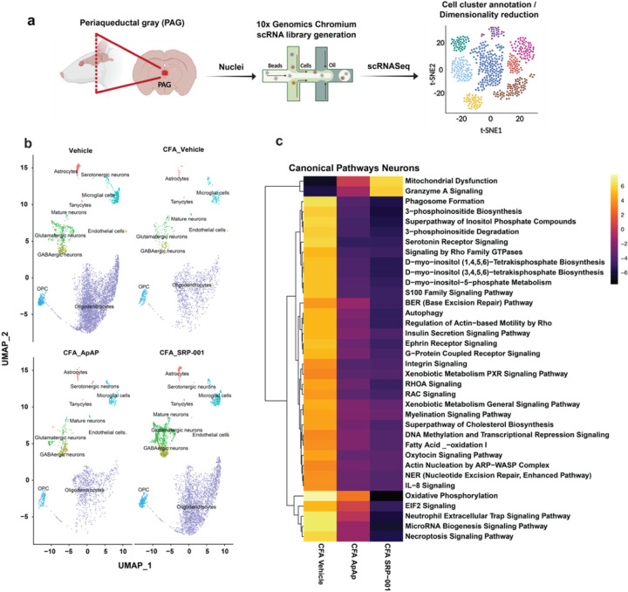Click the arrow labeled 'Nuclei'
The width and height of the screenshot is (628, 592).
click(234, 78)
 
